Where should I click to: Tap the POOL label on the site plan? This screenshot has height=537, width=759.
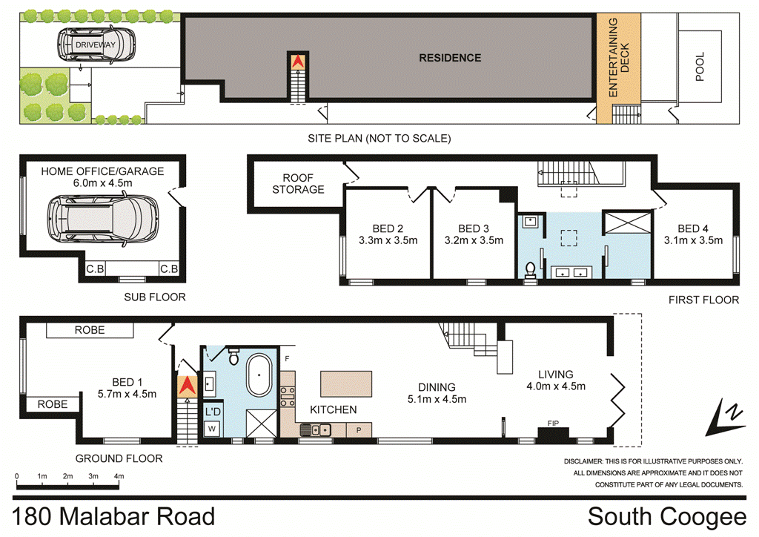click(x=700, y=66)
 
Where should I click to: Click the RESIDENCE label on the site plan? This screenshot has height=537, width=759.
click(x=450, y=58)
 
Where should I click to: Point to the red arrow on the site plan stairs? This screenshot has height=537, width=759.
click(x=298, y=62)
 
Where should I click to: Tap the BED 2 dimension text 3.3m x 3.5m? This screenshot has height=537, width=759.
click(x=388, y=240)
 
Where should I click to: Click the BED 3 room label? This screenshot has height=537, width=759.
click(x=474, y=228)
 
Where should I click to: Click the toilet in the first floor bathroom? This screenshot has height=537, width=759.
click(x=531, y=269)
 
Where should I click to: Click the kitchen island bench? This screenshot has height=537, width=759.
click(x=346, y=384)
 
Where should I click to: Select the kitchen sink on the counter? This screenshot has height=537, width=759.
click(x=319, y=429)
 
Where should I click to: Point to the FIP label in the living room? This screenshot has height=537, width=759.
click(x=552, y=423)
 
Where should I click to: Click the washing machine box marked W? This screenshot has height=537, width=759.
click(x=211, y=428)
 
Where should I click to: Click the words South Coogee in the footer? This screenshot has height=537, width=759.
click(x=666, y=517)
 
